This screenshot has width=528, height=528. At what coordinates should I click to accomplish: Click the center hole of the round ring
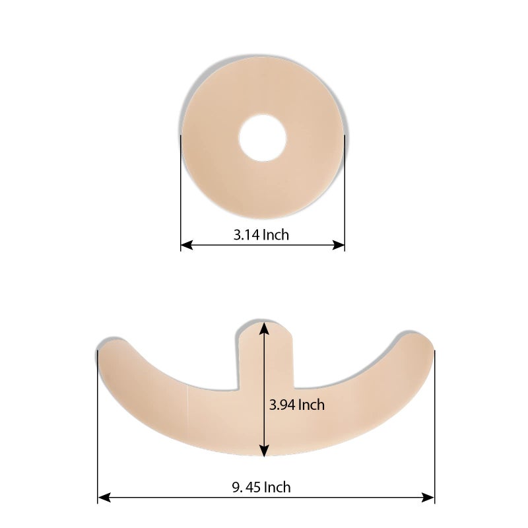263,137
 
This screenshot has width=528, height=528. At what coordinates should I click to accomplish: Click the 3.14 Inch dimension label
261,234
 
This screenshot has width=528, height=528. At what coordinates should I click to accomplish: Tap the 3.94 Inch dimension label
297,405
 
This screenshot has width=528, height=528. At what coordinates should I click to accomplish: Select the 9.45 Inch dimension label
261,488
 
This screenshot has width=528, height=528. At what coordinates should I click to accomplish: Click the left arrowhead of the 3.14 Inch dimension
185,245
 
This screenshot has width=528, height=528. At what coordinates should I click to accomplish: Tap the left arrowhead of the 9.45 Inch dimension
103,497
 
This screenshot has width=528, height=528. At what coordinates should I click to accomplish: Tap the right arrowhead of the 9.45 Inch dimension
430,497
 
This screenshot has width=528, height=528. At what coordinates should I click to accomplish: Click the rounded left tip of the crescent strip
109,350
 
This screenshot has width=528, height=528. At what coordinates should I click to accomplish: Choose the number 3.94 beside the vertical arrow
282,405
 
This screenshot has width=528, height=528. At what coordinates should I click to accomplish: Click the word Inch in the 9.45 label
277,488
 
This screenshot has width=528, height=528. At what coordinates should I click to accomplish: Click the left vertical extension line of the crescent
98,429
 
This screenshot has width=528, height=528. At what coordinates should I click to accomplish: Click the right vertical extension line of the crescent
434,429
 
